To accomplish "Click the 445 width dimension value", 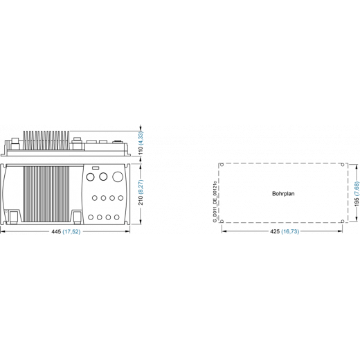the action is pyautogui.click(x=56, y=231).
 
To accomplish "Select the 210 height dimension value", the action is pyautogui.click(x=141, y=200).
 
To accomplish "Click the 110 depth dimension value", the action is pyautogui.click(x=141, y=150).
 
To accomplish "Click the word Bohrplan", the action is pyautogui.click(x=283, y=194).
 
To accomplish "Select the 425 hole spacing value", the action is pyautogui.click(x=275, y=231).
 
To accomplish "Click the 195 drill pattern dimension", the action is pyautogui.click(x=357, y=201).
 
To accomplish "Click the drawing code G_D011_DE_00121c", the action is pyautogui.click(x=215, y=201).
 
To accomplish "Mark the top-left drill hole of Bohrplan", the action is pyautogui.click(x=222, y=165).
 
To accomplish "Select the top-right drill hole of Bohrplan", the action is pyautogui.click(x=343, y=165).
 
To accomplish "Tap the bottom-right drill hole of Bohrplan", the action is pyautogui.click(x=343, y=222).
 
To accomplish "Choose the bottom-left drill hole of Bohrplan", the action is pyautogui.click(x=222, y=222).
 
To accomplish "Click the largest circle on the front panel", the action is pyautogui.click(x=118, y=177).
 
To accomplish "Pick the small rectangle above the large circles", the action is pyautogui.click(x=96, y=168).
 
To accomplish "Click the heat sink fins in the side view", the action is pyautogui.click(x=46, y=141).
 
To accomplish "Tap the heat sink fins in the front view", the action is pyautogui.click(x=46, y=194).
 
